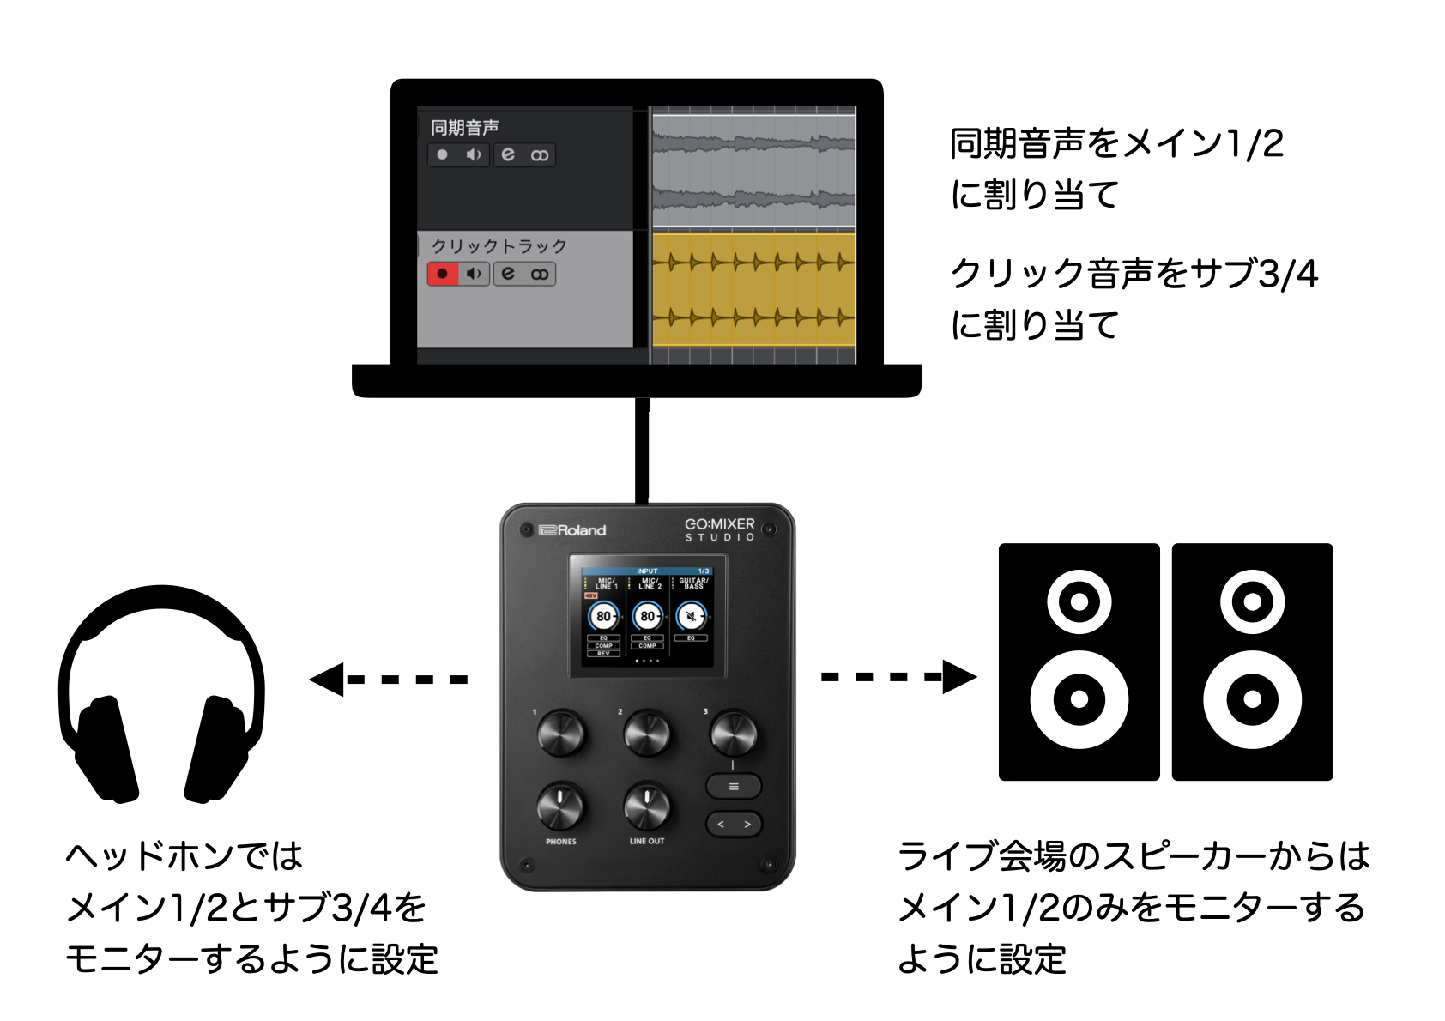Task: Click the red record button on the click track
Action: pyautogui.click(x=442, y=274)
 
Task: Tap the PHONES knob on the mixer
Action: pyautogui.click(x=560, y=806)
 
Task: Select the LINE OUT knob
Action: pyautogui.click(x=647, y=806)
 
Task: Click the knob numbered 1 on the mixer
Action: pyautogui.click(x=560, y=734)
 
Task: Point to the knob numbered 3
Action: pyautogui.click(x=733, y=734)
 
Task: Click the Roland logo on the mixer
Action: pyautogui.click(x=572, y=530)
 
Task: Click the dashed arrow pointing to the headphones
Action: pyautogui.click(x=388, y=680)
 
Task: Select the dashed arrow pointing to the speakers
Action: pyautogui.click(x=898, y=677)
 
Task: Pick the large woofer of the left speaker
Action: pyautogui.click(x=1079, y=699)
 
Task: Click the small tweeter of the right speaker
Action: pyautogui.click(x=1252, y=601)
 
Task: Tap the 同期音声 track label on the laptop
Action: pyautogui.click(x=464, y=128)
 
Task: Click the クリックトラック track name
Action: pyautogui.click(x=499, y=246)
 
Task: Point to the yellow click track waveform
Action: pyautogui.click(x=753, y=289)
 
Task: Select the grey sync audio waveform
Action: pyautogui.click(x=753, y=168)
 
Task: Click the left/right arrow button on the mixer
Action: pyautogui.click(x=734, y=825)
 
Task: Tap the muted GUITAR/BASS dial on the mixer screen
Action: pyautogui.click(x=691, y=615)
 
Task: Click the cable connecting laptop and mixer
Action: pyautogui.click(x=641, y=450)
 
